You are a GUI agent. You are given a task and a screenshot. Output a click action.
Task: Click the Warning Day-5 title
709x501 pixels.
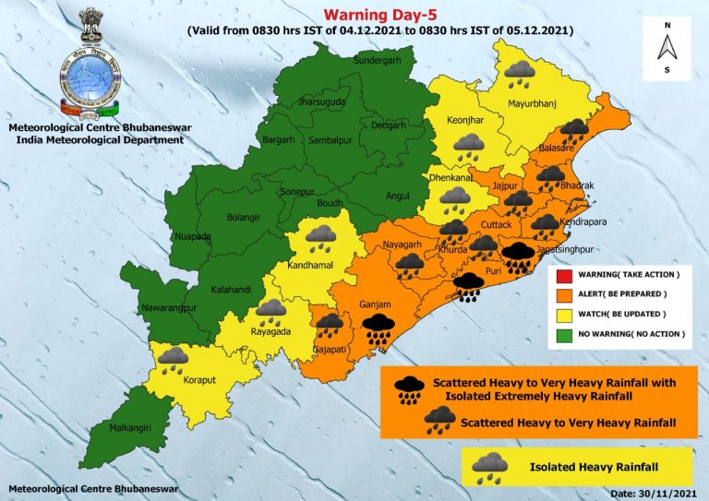click(x=379, y=14)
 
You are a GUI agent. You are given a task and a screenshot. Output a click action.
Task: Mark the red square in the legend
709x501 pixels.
click(x=562, y=276)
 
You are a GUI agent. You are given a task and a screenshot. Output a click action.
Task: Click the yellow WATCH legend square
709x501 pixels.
click(x=562, y=313)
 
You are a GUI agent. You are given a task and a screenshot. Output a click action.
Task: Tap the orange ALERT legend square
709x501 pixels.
click(x=562, y=294)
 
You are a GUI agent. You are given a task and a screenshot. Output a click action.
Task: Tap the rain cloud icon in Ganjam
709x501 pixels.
click(x=379, y=328)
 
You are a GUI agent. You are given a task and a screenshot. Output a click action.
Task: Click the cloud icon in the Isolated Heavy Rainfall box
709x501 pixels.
click(x=489, y=468)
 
